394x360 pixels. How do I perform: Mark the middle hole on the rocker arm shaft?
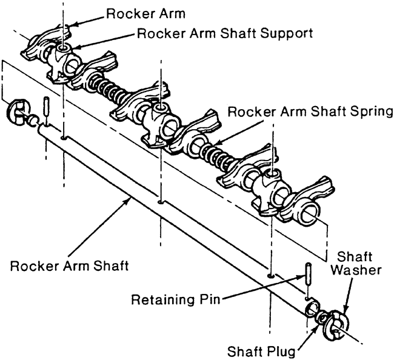[x=159, y=201]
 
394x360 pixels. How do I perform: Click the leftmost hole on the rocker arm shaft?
[x=64, y=137]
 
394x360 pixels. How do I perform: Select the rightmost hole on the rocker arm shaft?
[x=270, y=275]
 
